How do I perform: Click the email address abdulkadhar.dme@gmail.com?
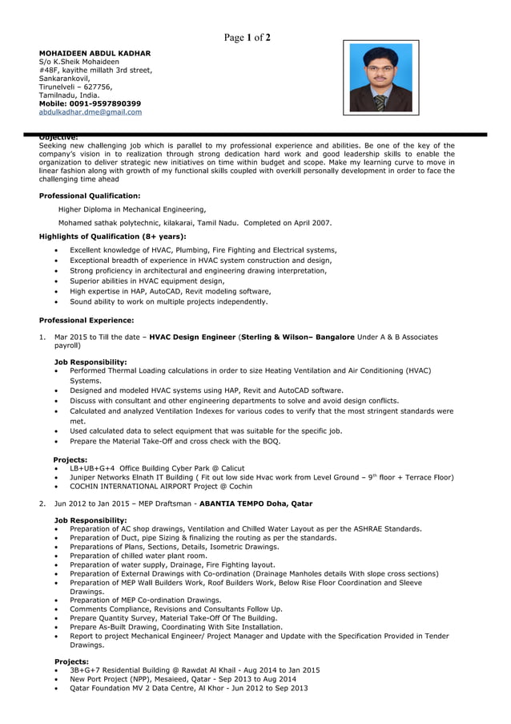pyautogui.click(x=91, y=112)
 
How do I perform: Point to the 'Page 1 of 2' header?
pyautogui.click(x=247, y=37)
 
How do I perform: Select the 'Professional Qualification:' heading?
pyautogui.click(x=90, y=195)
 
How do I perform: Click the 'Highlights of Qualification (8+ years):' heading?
pyautogui.click(x=112, y=237)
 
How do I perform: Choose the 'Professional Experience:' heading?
pyautogui.click(x=87, y=321)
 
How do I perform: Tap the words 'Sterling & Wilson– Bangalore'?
pyautogui.click(x=297, y=337)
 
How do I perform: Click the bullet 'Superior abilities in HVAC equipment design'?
pyautogui.click(x=147, y=281)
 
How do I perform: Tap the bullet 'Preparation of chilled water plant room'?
pyautogui.click(x=138, y=556)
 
